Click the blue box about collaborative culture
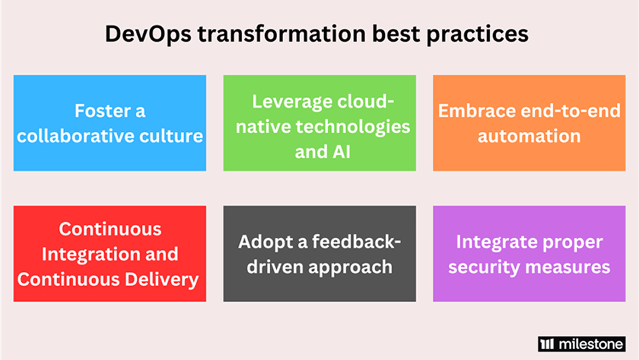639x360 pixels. tap(110, 122)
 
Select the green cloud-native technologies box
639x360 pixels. tap(319, 122)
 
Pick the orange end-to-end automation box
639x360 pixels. tap(529, 122)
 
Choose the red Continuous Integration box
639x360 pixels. tap(110, 254)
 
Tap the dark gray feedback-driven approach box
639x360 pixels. tap(319, 254)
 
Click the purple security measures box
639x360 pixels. tap(529, 254)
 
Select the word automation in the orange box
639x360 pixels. tap(529, 136)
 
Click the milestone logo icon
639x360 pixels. tap(546, 344)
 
